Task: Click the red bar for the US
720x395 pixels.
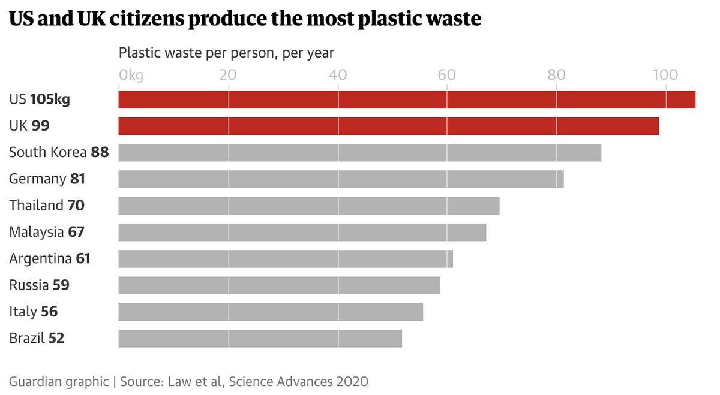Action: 407,99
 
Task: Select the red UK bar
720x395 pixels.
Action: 389,126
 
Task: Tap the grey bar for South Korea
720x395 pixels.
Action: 360,152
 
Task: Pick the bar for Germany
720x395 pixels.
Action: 341,179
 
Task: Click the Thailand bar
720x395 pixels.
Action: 309,206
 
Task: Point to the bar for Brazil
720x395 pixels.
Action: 260,338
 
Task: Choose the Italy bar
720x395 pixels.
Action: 271,312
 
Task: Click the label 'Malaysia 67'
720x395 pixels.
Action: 47,232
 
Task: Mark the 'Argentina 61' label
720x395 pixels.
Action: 50,258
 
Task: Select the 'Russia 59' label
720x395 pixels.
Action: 39,285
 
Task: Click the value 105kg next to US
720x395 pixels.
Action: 50,99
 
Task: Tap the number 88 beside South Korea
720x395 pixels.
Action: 100,152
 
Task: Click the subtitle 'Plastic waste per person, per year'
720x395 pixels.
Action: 226,53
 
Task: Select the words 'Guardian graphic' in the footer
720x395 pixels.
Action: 59,381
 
